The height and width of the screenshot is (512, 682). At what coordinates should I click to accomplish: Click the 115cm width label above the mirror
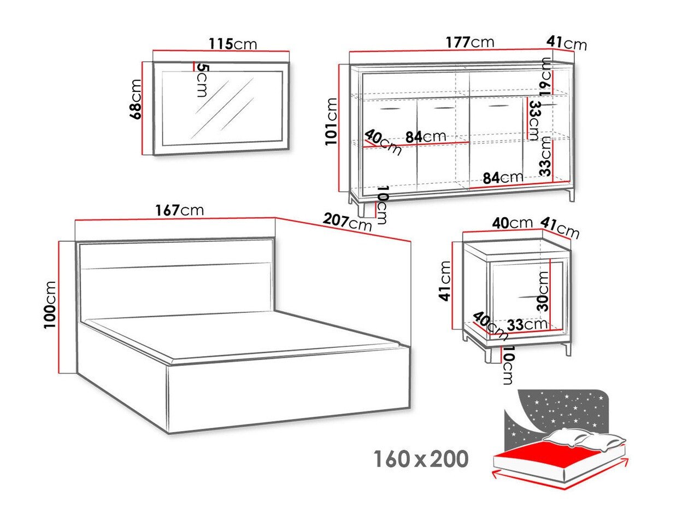coord(233,44)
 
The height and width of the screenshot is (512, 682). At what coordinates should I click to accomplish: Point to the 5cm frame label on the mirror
coord(201,80)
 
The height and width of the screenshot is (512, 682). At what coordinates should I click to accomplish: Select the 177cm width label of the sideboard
coord(470,43)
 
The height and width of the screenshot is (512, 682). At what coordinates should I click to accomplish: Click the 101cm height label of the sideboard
coord(331,121)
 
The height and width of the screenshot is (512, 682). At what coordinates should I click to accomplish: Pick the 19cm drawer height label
coord(545,74)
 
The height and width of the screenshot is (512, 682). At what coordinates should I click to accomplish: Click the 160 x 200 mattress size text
coord(421,459)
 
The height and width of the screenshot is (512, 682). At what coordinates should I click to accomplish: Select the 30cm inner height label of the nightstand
coord(543,290)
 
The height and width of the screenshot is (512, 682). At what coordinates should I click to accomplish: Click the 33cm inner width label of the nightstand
coord(527,324)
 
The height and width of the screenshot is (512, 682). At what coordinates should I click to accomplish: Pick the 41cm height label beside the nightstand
coord(445,281)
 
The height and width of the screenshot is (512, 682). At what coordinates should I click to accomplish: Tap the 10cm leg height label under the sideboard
coord(382,205)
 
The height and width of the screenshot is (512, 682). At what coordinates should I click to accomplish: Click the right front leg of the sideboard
coord(571,194)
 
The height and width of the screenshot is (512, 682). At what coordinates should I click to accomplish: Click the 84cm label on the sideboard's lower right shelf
coord(503,177)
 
